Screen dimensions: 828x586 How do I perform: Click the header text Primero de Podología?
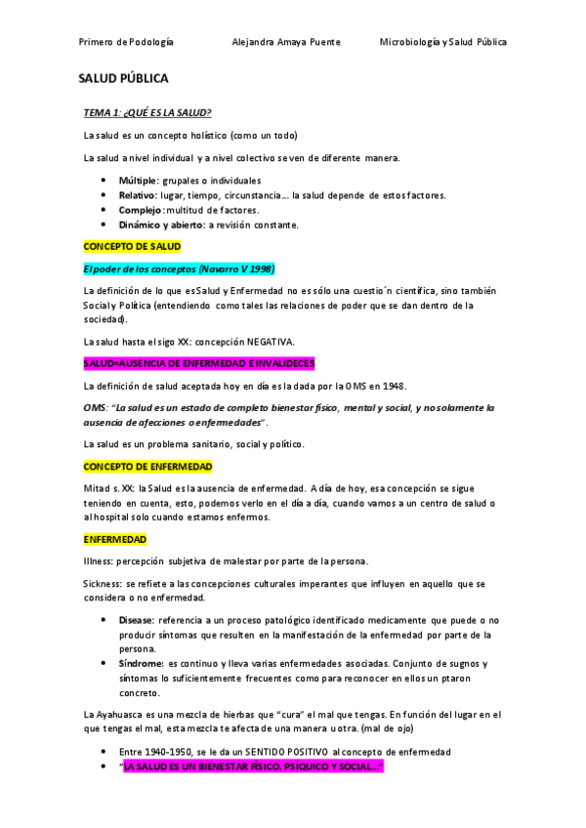(126, 42)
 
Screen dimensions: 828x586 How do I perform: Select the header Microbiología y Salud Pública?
(443, 42)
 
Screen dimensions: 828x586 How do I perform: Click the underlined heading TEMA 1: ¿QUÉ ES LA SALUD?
(146, 112)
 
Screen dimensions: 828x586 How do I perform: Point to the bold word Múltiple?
(139, 181)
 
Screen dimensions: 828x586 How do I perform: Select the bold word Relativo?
(138, 195)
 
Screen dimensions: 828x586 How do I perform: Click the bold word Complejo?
(140, 210)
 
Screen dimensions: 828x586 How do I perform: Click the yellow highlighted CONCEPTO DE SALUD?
(132, 247)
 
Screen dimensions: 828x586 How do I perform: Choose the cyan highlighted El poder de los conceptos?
(179, 269)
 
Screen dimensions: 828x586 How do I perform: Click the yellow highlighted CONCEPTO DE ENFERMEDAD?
(147, 467)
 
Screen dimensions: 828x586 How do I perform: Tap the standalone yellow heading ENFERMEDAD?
(114, 539)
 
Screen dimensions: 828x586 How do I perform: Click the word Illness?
(99, 560)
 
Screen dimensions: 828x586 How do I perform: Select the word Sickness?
(103, 583)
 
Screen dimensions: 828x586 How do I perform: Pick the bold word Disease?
(136, 620)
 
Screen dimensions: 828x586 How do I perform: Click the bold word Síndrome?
(141, 664)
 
